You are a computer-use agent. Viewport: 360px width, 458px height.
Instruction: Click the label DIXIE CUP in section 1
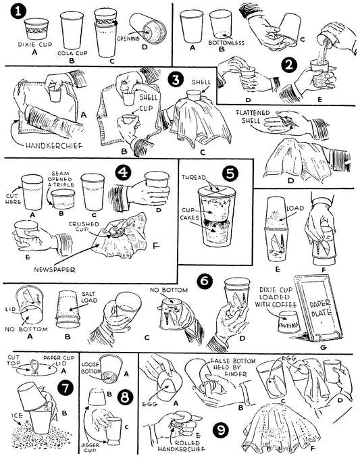pyautogui.click(x=35, y=45)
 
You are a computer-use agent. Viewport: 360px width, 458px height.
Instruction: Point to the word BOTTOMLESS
pyautogui.click(x=226, y=43)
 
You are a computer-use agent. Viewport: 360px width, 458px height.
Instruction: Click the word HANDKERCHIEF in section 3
pyautogui.click(x=54, y=146)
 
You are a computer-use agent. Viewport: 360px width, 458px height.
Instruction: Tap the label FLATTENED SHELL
pyautogui.click(x=253, y=116)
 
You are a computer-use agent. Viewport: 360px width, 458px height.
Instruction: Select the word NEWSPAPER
pyautogui.click(x=55, y=270)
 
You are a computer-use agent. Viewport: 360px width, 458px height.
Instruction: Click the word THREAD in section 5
pyautogui.click(x=194, y=178)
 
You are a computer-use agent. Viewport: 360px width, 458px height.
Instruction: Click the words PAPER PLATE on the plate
pyautogui.click(x=320, y=309)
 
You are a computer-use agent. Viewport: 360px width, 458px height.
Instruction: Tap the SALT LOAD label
pyautogui.click(x=89, y=297)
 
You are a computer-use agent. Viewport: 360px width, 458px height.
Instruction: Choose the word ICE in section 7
pyautogui.click(x=17, y=415)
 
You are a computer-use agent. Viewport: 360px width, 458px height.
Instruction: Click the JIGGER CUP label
pyautogui.click(x=91, y=448)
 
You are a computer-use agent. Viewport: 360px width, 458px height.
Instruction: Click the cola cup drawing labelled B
pyautogui.click(x=72, y=30)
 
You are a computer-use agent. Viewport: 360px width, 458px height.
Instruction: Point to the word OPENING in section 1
pyautogui.click(x=128, y=39)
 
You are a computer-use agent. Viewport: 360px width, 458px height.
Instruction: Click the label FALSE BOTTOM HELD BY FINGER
pyautogui.click(x=232, y=367)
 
